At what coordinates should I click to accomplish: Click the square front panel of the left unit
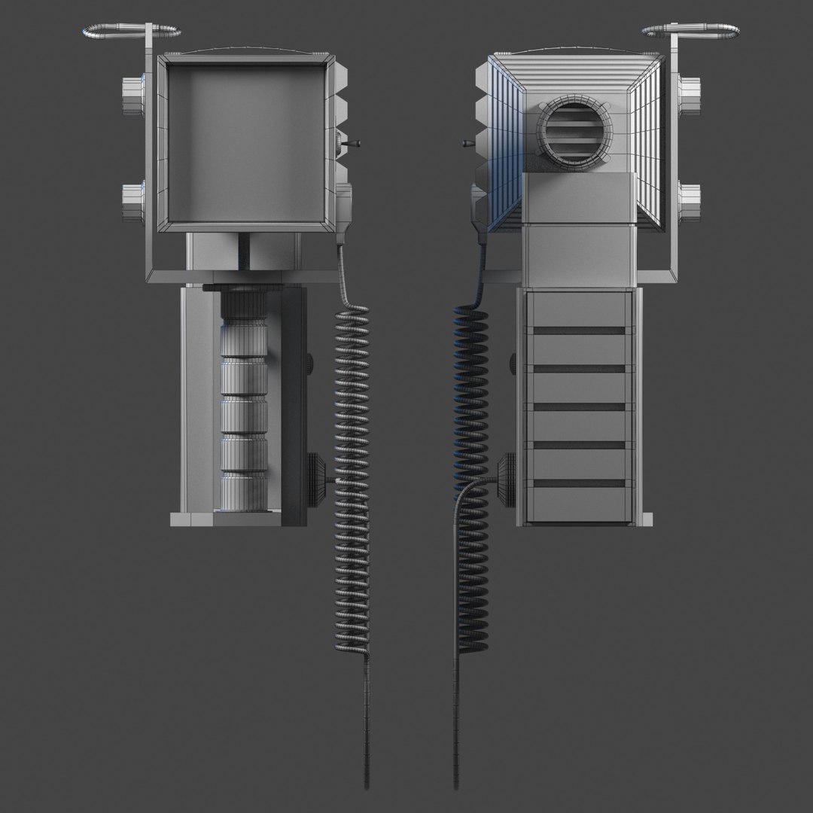(x=247, y=142)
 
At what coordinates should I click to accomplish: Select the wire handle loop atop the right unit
(x=690, y=32)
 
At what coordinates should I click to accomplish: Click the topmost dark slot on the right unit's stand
(x=577, y=330)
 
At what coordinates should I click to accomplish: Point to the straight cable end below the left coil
(x=367, y=723)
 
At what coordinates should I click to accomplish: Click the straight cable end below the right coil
(x=456, y=723)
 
